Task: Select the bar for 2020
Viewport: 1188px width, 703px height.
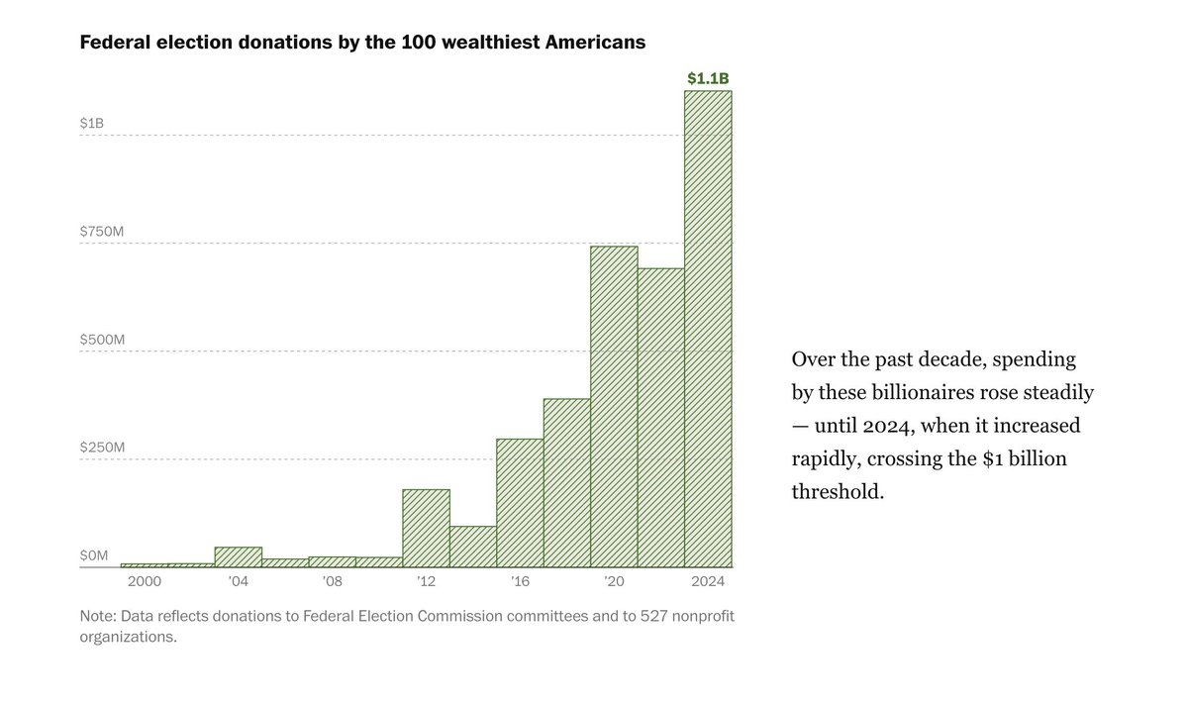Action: tap(614, 406)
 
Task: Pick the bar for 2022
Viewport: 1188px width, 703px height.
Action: tap(660, 417)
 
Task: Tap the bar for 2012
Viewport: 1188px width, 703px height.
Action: tap(426, 528)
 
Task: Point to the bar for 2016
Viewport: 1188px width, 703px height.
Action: tap(520, 503)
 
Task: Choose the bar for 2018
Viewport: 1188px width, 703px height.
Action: tap(566, 482)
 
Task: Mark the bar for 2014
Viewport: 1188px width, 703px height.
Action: tap(472, 547)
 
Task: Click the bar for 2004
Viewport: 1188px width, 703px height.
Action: tap(238, 556)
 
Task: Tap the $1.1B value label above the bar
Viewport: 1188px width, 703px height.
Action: tap(709, 77)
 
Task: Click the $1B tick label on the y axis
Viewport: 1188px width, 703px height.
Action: tap(92, 123)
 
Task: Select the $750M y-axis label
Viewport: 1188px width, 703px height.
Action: tap(102, 231)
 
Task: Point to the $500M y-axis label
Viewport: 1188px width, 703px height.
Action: tap(102, 339)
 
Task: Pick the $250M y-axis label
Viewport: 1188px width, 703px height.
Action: tap(102, 448)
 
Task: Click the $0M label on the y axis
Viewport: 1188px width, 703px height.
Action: tap(94, 555)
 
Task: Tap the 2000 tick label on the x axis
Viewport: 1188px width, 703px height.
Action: tap(144, 581)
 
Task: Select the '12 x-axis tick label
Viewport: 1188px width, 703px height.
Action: tap(426, 581)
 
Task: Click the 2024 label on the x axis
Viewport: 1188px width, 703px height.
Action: tap(709, 581)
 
